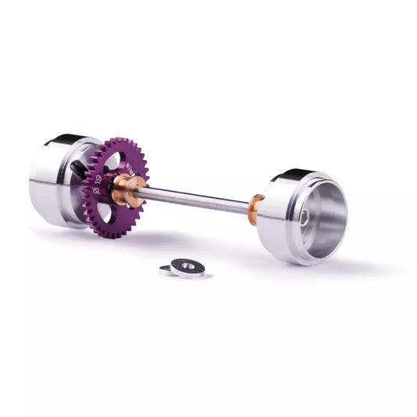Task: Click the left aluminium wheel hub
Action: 55,180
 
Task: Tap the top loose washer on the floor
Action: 188,267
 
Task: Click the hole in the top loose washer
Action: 188,266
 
